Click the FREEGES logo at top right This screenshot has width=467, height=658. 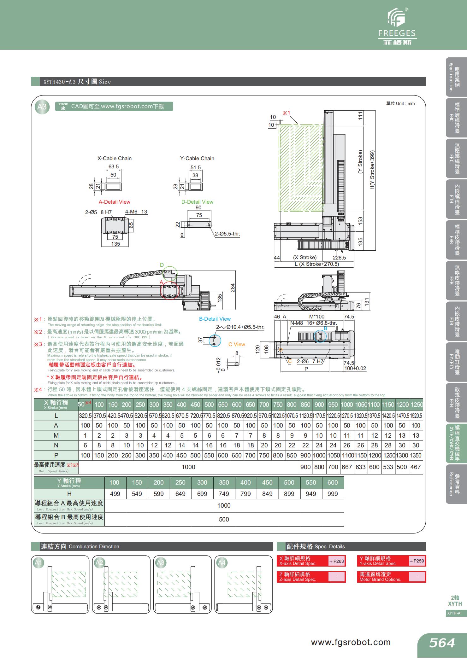397,27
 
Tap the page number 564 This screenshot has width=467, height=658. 442,643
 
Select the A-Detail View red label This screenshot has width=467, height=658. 114,202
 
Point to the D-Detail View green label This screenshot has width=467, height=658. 197,202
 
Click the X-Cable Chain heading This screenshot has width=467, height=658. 114,158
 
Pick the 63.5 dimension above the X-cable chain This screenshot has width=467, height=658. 113,166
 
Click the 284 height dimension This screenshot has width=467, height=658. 233,288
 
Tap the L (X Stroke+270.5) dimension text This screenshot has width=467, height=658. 316,264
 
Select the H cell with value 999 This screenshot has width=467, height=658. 333,494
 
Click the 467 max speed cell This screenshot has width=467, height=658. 415,467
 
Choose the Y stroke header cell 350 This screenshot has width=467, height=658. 224,482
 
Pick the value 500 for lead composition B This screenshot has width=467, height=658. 224,519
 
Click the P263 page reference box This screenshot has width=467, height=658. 337,561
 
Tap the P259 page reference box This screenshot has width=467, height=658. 417,561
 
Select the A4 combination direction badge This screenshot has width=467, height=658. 222,563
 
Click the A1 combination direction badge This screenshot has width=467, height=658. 38,563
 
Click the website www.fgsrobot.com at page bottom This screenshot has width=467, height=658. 351,642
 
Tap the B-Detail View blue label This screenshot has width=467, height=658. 215,319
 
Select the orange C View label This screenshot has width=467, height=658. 237,344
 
